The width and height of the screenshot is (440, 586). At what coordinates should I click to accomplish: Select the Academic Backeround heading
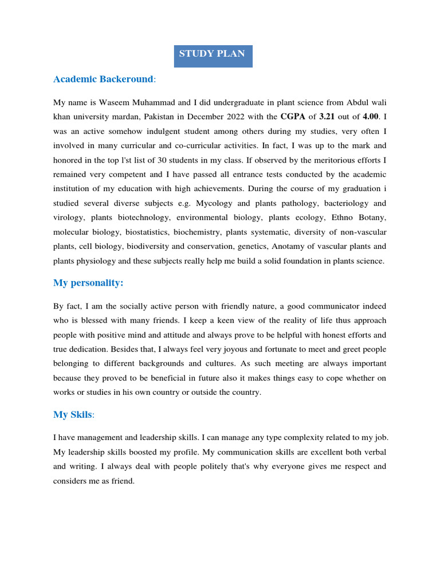point(103,79)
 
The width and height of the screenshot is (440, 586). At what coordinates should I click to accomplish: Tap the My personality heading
point(88,283)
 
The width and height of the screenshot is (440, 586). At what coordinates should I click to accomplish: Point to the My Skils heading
point(72,414)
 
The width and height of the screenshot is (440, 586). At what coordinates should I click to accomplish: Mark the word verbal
point(374,452)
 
